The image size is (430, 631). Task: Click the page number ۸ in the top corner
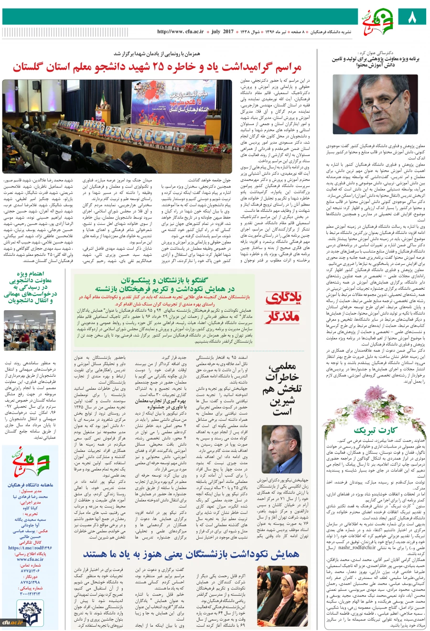point(412,17)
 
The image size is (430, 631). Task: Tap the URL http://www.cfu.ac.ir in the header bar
point(180,32)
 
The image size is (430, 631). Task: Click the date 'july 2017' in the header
point(222,32)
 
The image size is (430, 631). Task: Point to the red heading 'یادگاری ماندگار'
point(283,306)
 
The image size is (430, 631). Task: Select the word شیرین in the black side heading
point(282,401)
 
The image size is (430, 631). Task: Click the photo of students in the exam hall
point(30,330)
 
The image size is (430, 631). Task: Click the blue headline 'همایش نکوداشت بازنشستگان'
point(191,554)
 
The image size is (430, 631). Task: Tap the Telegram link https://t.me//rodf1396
point(30,548)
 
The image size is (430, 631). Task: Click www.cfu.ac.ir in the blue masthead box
point(30,559)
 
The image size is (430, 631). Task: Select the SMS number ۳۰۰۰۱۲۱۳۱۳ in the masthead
point(30,594)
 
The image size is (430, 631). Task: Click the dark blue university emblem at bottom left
point(30,613)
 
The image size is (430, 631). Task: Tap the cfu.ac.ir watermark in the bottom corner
point(12,622)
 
